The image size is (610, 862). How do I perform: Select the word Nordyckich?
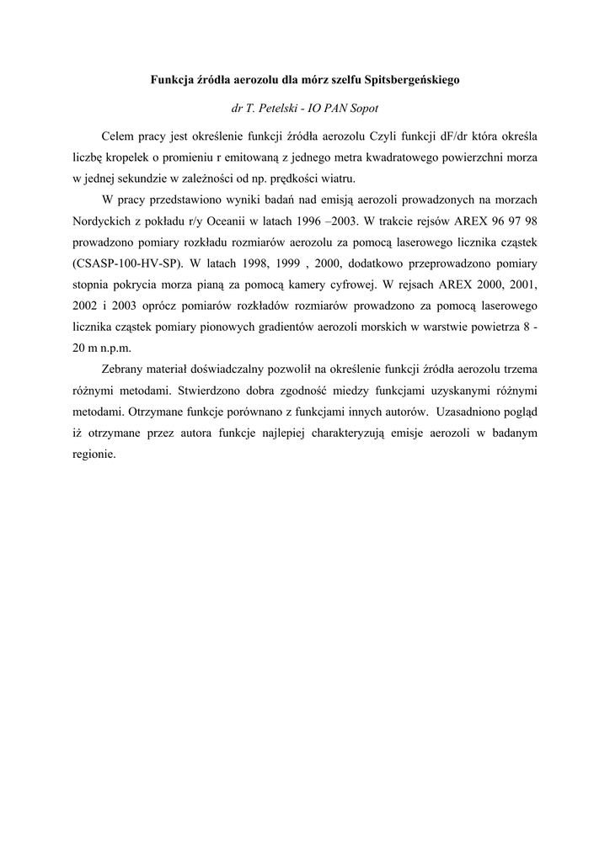coord(100,221)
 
